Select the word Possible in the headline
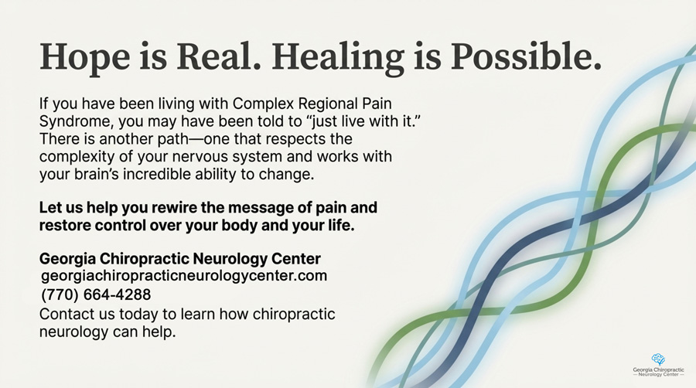click(527, 56)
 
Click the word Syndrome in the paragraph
click(77, 121)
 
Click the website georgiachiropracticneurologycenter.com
click(184, 276)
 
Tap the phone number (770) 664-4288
click(96, 294)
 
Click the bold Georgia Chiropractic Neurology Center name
click(179, 259)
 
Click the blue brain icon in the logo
click(658, 359)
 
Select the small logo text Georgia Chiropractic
click(658, 369)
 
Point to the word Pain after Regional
click(377, 104)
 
